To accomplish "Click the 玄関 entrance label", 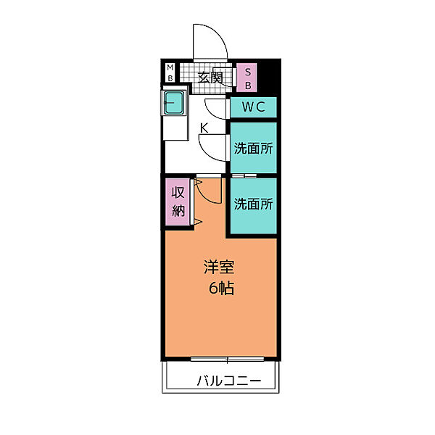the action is coord(210,78).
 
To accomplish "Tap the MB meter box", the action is coord(170,72).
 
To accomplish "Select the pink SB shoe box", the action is coord(246,78).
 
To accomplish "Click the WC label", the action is coord(254,107).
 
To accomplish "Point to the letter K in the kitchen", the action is coord(204,128).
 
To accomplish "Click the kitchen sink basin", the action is coord(174,103).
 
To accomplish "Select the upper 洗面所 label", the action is coord(254,149).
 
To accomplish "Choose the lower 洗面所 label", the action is coord(254,204).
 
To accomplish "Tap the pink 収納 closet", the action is coord(178,202).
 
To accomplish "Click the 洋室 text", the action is coord(219,267).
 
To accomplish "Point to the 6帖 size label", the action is coord(221,288).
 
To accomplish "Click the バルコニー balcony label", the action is coord(229,381).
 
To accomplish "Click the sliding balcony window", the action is coord(227,359).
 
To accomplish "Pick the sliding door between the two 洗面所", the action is coord(244,175).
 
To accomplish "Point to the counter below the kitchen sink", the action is coord(175,128).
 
